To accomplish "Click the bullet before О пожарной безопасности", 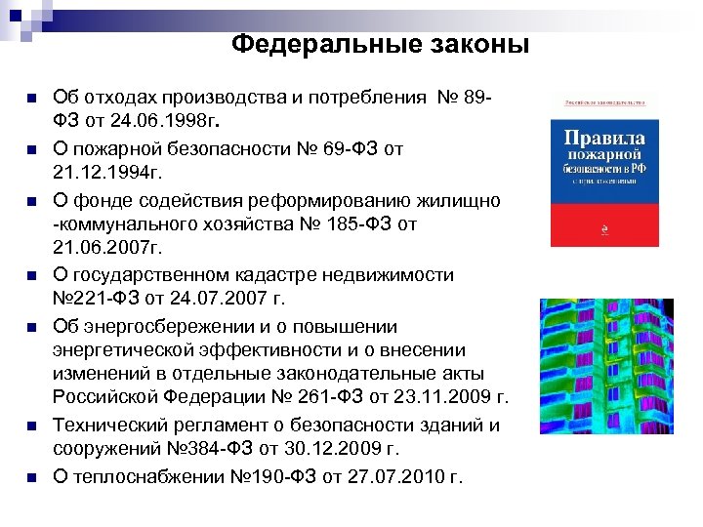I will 31,149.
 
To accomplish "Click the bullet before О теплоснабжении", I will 31,476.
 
